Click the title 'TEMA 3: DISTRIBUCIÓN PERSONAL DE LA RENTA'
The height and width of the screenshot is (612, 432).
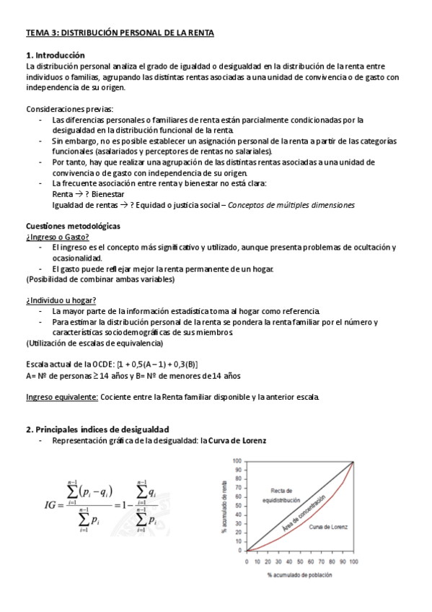pos(120,32)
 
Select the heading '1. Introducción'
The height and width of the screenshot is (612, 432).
pos(56,55)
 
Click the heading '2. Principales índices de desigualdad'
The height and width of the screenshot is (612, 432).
pos(97,429)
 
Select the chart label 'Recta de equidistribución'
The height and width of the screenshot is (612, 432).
pos(275,494)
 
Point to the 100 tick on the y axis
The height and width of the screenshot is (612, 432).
pos(237,461)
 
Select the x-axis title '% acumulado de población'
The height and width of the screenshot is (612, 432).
pos(299,574)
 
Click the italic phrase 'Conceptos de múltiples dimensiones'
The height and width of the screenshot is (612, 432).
pos(291,205)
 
